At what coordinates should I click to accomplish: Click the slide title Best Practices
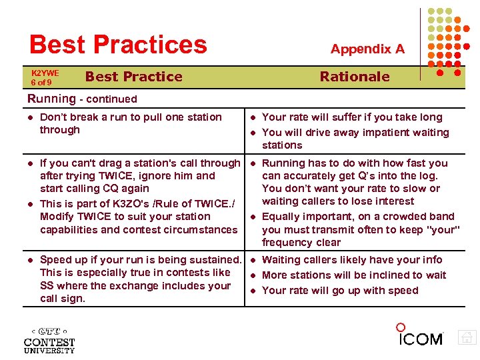[x=118, y=45]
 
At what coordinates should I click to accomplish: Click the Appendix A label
[x=367, y=49]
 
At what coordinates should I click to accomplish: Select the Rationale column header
[x=355, y=77]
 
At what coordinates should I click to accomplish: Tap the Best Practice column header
[x=133, y=77]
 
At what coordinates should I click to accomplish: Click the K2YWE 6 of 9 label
[x=45, y=77]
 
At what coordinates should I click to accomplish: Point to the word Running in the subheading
[x=51, y=99]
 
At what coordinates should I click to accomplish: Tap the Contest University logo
[x=49, y=340]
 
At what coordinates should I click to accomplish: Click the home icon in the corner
[x=468, y=337]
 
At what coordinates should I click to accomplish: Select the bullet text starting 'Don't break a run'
[x=131, y=123]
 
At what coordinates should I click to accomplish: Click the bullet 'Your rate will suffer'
[x=352, y=117]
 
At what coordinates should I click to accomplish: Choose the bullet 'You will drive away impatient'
[x=355, y=139]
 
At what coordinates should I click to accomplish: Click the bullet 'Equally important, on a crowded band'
[x=360, y=229]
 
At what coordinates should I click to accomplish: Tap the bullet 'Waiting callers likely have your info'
[x=352, y=260]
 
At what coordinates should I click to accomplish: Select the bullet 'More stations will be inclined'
[x=354, y=275]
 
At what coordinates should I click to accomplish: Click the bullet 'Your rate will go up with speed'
[x=340, y=291]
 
